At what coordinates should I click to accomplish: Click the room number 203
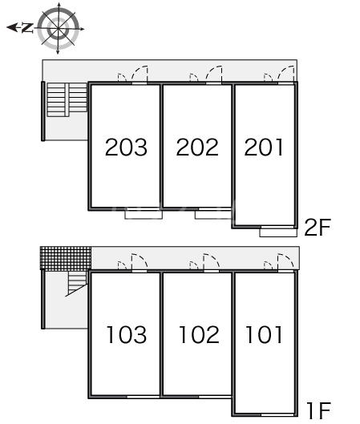point(126,147)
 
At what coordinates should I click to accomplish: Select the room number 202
point(197,147)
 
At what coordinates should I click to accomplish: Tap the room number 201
point(264,147)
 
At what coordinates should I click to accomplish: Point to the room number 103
point(127,334)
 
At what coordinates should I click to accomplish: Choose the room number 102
point(199,334)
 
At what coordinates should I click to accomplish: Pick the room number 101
point(264,334)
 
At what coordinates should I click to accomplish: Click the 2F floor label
point(318,227)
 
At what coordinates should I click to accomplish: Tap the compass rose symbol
point(58,28)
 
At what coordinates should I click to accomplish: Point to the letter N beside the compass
point(27,27)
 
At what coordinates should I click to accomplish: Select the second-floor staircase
point(67,99)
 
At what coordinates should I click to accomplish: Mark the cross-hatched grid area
point(66,258)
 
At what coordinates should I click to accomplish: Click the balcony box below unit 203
point(144,215)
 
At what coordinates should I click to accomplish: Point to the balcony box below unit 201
point(278,232)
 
